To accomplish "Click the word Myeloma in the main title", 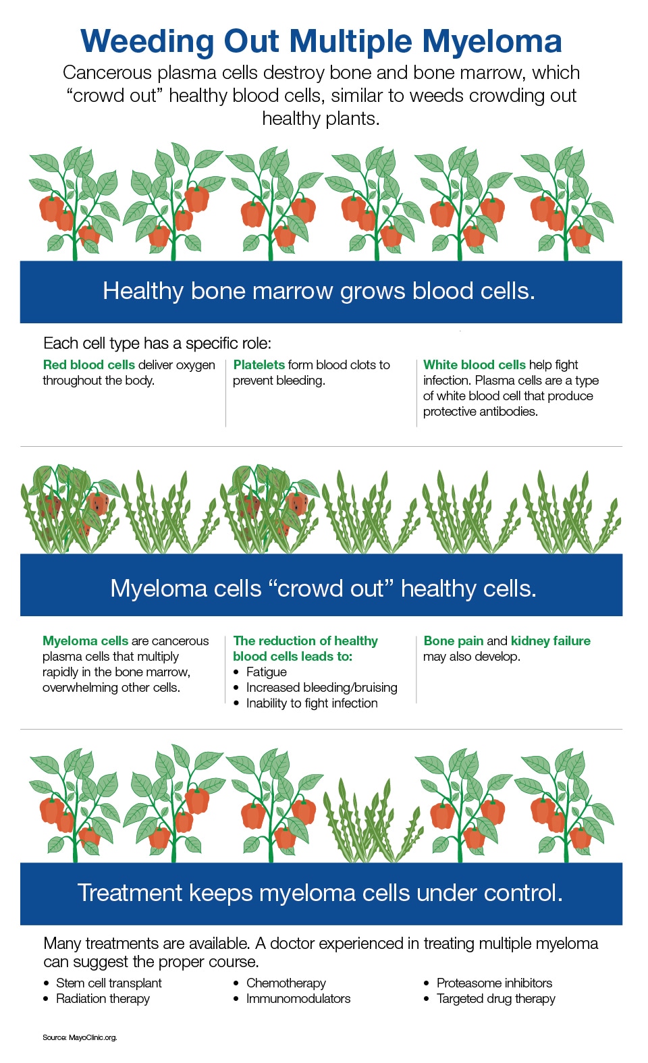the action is pos(492,43).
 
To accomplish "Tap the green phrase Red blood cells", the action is pos(89,364).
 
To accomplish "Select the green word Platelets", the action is pos(259,364).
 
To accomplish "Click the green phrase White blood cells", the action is pos(475,364).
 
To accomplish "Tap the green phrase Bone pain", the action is pos(454,641).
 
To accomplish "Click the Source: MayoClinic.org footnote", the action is pos(80,1037).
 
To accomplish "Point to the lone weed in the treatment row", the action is pos(373,820).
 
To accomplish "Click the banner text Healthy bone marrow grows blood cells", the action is pos(319,291).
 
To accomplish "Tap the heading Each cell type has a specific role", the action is pos(157,343).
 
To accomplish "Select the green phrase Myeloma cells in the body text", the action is pos(86,641).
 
